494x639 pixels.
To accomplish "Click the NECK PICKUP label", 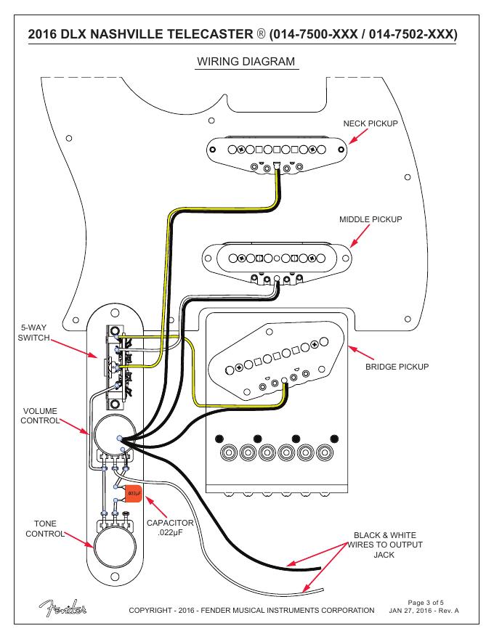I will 370,124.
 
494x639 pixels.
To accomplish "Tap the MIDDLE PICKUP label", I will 370,219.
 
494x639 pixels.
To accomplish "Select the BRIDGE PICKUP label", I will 397,366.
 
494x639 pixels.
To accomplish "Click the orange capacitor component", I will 134,494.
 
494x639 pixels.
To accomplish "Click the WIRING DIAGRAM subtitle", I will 246,62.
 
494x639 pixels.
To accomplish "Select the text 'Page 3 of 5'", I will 432,602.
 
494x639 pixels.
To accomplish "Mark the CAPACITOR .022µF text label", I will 170,528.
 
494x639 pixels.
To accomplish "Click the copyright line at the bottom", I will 251,609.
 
